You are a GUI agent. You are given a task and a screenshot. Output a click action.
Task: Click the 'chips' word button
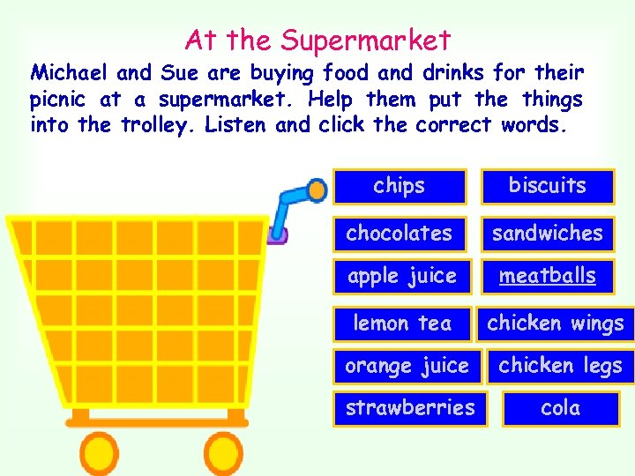coord(400,186)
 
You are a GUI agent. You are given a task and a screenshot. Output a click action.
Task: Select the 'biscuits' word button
coord(547,186)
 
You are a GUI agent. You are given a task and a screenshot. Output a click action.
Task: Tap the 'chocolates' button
coord(400,234)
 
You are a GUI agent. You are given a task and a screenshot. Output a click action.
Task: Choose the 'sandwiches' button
coord(547,234)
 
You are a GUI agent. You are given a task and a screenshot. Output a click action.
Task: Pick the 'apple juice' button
coord(402,276)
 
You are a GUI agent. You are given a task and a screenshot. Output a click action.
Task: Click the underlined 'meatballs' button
coord(547,276)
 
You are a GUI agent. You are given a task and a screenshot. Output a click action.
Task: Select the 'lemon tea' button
coord(402,324)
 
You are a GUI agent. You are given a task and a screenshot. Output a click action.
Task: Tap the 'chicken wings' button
coord(556,324)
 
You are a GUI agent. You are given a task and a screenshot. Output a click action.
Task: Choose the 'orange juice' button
coord(407,366)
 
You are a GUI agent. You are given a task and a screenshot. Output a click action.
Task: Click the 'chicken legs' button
coord(560,366)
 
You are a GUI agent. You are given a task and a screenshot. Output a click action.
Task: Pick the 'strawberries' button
coord(410,408)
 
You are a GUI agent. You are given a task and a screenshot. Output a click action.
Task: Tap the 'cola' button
coord(560,408)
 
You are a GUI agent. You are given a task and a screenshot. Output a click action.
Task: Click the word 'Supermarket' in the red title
coord(366,40)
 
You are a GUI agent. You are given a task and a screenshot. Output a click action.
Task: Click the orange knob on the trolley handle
coord(315,189)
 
